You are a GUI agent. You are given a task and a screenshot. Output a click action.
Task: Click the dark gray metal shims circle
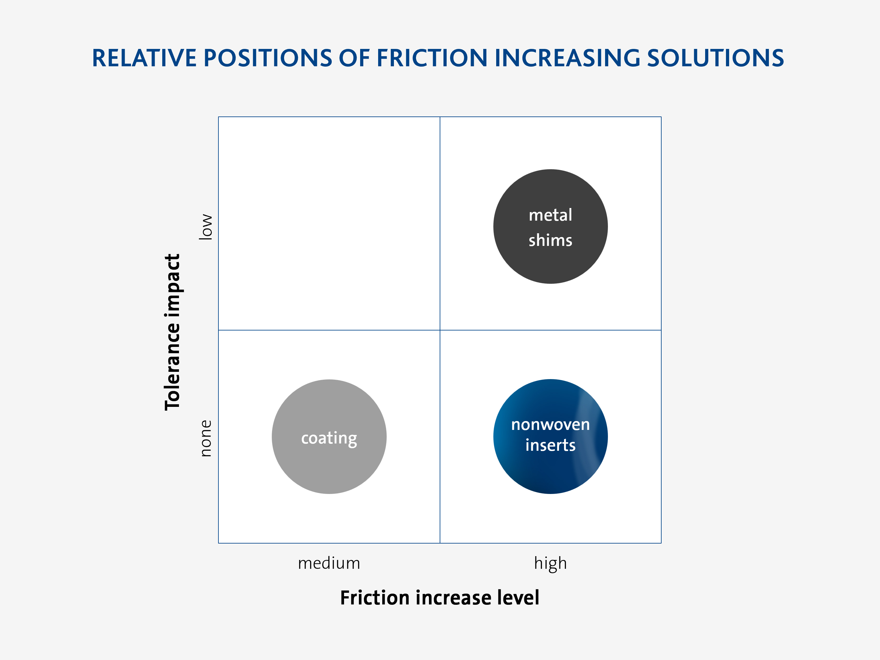[x=550, y=226]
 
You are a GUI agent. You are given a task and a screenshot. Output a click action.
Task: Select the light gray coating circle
[x=329, y=437]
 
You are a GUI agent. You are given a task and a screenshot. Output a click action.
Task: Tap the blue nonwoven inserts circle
[x=550, y=437]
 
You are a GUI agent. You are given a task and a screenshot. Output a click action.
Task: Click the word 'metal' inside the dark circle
[x=550, y=215]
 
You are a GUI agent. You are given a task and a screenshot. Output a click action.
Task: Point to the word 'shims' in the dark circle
[x=550, y=240]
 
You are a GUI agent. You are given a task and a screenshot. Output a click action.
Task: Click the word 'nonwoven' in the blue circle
[x=550, y=425]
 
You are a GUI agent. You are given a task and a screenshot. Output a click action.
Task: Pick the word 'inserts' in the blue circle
[x=550, y=445]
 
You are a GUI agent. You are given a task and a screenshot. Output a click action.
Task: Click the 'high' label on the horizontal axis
[x=550, y=564]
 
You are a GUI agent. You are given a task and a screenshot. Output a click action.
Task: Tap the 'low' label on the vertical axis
[x=206, y=226]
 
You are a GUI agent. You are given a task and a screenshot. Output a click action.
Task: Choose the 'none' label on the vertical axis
[x=206, y=438]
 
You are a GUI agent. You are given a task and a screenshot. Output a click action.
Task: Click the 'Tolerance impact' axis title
[x=173, y=332]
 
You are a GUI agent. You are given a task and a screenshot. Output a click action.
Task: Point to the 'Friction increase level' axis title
[x=440, y=598]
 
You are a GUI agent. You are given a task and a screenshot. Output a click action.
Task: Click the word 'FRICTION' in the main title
[x=432, y=58]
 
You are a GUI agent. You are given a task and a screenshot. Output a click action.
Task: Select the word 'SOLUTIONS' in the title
[x=715, y=58]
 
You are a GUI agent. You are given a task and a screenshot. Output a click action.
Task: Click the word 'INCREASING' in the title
[x=567, y=58]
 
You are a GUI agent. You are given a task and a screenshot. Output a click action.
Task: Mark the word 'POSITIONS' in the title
[x=268, y=58]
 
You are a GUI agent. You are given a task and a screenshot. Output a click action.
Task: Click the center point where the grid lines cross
[x=440, y=330]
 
